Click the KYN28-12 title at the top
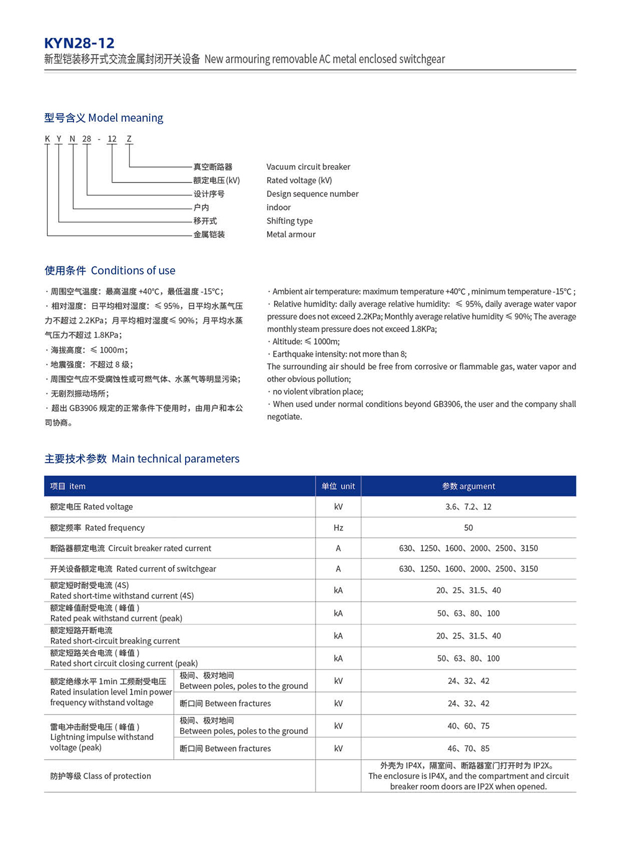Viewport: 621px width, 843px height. (x=79, y=43)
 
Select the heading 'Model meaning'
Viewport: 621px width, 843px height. (x=104, y=118)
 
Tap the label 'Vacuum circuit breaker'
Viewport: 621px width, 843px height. (x=308, y=166)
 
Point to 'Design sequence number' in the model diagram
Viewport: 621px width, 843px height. (x=312, y=194)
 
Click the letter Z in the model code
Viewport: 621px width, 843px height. (x=129, y=139)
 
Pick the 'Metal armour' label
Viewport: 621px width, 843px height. (x=291, y=234)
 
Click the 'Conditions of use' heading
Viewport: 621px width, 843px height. (x=110, y=270)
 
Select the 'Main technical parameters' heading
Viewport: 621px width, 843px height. (x=142, y=458)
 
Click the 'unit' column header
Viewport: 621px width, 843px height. (x=338, y=486)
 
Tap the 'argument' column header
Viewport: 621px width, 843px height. (x=468, y=486)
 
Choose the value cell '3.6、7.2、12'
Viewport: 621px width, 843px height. (x=468, y=507)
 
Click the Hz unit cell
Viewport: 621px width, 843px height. (x=338, y=527)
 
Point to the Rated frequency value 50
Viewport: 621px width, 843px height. (x=468, y=527)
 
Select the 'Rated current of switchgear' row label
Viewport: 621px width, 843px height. (x=134, y=568)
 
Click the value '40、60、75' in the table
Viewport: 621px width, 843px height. (x=468, y=726)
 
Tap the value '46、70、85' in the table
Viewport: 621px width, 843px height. (x=468, y=749)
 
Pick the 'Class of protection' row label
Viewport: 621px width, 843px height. (x=101, y=776)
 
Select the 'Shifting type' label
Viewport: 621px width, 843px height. (x=289, y=221)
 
